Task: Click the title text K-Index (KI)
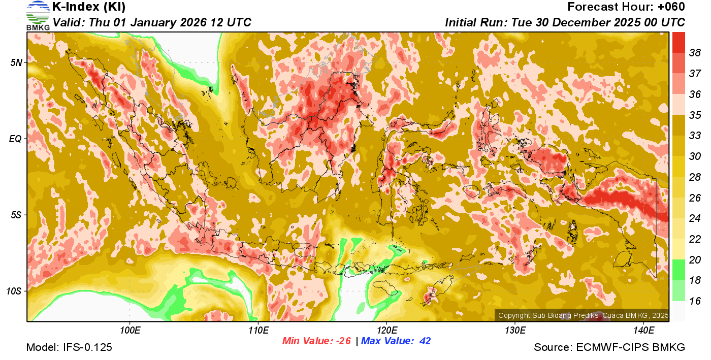(x=89, y=7)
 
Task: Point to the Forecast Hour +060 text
(x=626, y=7)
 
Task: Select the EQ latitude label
(x=16, y=139)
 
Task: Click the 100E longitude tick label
(x=130, y=331)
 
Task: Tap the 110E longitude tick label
(x=258, y=331)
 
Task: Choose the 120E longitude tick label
(x=386, y=331)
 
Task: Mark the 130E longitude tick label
(x=515, y=331)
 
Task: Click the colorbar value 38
(x=695, y=53)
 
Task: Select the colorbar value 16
(x=695, y=301)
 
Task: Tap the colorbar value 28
(x=695, y=177)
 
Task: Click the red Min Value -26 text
(x=317, y=341)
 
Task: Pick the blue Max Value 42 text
(x=396, y=341)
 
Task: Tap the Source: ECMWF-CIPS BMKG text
(x=609, y=348)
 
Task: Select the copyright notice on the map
(x=583, y=315)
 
